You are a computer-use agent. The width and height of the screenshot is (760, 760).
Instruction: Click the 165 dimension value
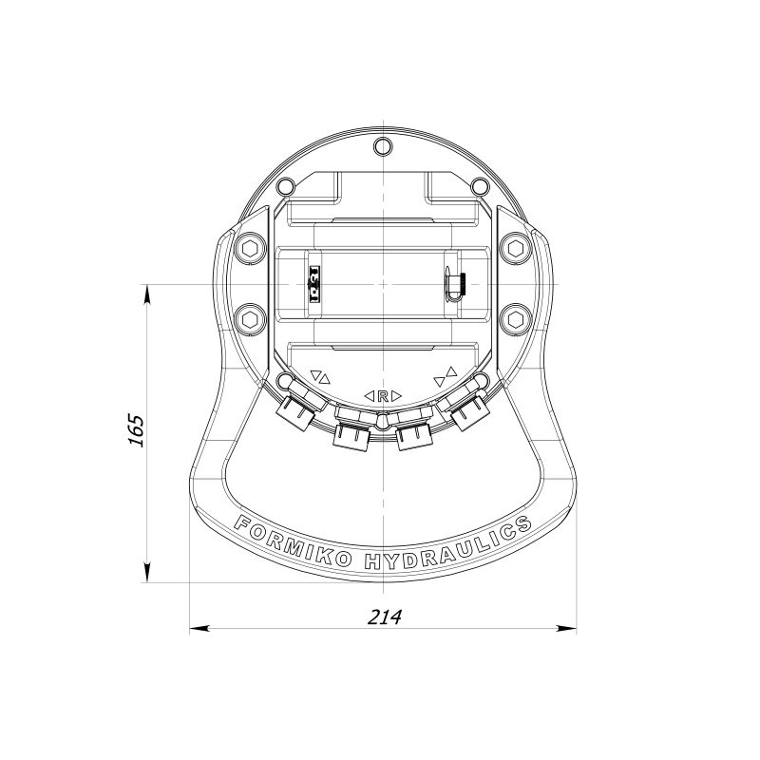click(x=136, y=430)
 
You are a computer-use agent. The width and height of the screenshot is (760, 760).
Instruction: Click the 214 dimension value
click(x=385, y=617)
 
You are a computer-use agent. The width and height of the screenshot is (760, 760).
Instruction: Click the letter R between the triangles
click(x=383, y=396)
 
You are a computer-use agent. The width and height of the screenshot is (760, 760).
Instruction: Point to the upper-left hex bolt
click(x=250, y=249)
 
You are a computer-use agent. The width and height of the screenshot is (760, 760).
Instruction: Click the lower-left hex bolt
click(x=250, y=319)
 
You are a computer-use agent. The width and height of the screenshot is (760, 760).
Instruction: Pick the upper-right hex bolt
click(x=516, y=249)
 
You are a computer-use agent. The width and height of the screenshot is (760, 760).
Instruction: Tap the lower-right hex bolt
click(x=516, y=319)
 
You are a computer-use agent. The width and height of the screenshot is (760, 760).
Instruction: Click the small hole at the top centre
click(x=383, y=145)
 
